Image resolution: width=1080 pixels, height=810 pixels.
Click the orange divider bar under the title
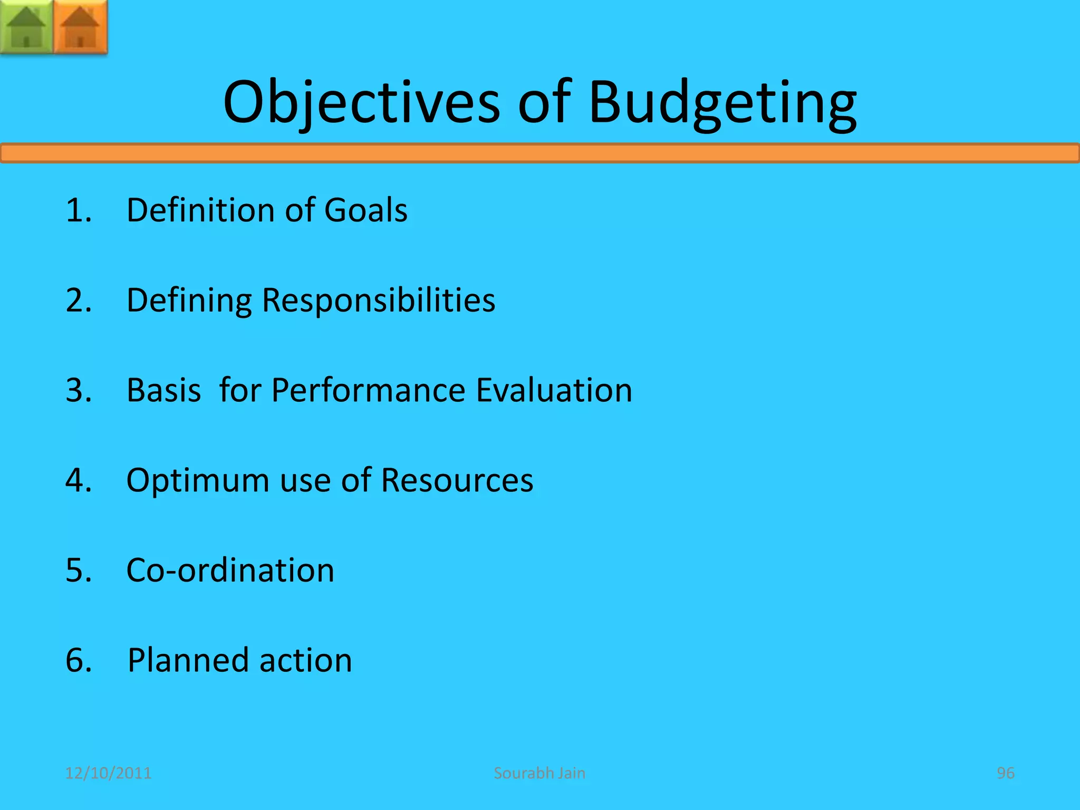(540, 153)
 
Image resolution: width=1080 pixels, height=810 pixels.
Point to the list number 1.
(78, 210)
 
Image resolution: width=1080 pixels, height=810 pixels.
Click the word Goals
(365, 210)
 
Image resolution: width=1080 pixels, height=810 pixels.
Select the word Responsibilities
(378, 301)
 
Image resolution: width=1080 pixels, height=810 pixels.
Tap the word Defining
(189, 301)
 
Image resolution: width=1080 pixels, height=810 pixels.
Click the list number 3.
(78, 391)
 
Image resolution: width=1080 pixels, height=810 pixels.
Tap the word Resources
(457, 480)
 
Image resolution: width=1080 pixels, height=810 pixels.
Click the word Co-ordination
(230, 571)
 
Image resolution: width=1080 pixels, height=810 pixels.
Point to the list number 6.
(78, 660)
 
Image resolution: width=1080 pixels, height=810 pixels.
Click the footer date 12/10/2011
(108, 773)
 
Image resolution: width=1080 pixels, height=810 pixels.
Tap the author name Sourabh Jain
(539, 773)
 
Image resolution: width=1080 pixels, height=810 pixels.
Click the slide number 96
(1005, 773)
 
